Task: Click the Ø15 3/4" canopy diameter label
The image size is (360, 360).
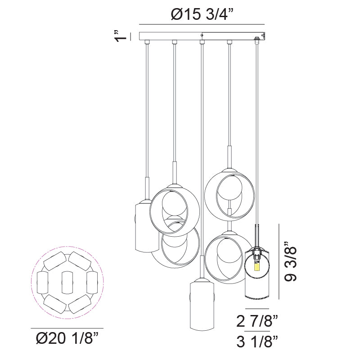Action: click(x=202, y=15)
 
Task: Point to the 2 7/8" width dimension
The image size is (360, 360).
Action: click(x=257, y=321)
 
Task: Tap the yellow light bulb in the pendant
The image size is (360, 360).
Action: click(x=257, y=267)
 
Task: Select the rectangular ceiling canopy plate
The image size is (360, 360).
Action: click(x=202, y=36)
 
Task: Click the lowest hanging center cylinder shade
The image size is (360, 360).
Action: click(x=202, y=304)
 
